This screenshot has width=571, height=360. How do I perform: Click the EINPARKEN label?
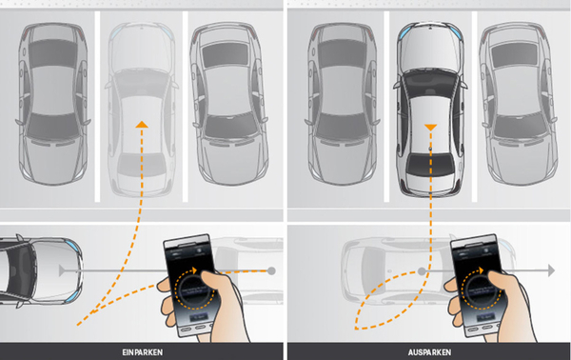tap(143, 352)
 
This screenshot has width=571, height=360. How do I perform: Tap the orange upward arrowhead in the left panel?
tap(142, 124)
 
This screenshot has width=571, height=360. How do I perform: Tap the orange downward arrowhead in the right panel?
tap(430, 128)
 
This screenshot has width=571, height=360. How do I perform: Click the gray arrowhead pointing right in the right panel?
tap(551, 270)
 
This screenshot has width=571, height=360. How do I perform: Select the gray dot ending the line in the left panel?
tap(271, 270)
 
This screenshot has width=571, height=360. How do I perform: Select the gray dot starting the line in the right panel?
tap(422, 271)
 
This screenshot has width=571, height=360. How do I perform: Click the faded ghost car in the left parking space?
tap(142, 110)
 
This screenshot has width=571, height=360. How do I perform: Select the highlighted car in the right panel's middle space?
tap(430, 110)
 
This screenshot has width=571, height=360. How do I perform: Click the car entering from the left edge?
tap(40, 270)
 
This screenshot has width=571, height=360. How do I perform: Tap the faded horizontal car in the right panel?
tap(428, 270)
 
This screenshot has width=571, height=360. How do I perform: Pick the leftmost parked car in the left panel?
tap(52, 104)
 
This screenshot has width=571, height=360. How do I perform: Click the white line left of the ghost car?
tap(97, 107)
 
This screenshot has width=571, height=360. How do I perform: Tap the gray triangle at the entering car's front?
tap(62, 270)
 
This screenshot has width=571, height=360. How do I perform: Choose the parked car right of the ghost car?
tap(228, 104)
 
